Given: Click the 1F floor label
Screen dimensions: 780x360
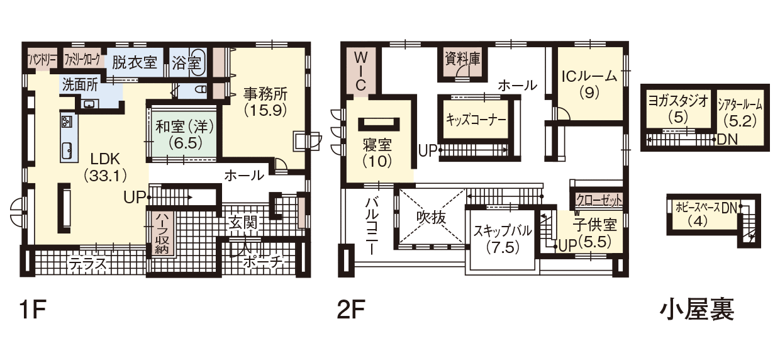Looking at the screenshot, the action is click(33, 310).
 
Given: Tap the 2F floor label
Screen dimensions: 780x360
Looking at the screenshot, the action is click(351, 310).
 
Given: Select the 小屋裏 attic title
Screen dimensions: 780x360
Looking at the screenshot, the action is click(697, 310).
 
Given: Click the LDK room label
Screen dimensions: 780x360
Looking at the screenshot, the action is click(105, 159).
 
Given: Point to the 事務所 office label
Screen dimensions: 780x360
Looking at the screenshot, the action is click(265, 94).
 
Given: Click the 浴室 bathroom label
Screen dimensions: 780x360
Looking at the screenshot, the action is click(186, 63).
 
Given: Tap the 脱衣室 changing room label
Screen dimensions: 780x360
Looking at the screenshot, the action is click(135, 63).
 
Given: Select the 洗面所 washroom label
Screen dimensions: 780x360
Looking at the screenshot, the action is click(80, 85).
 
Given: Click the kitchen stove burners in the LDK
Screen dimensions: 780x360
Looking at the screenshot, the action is click(66, 121).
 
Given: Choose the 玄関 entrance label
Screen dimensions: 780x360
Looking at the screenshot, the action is click(243, 223).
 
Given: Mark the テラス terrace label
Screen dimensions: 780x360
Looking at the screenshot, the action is click(87, 264).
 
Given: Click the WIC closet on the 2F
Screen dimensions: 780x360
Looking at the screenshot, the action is click(361, 71).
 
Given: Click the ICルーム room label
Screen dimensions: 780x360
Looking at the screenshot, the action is click(589, 76).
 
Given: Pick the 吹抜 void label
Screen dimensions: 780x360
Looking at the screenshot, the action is click(431, 218).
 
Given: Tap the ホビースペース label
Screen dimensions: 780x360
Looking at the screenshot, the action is click(698, 208).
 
